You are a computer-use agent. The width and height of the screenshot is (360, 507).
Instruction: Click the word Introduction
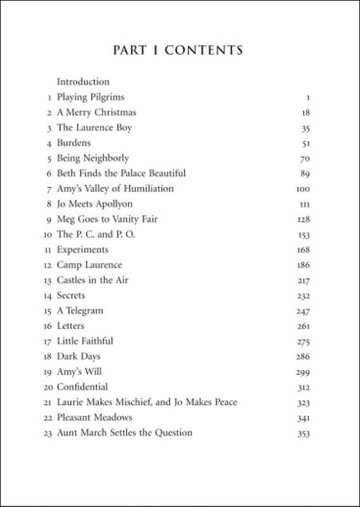coord(83,81)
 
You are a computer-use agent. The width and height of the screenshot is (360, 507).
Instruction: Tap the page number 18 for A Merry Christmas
coord(305,113)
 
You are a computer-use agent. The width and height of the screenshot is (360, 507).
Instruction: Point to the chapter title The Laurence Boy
coord(94,127)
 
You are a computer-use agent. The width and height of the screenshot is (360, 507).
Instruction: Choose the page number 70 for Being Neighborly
coord(305,158)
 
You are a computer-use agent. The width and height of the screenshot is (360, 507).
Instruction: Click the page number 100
coord(302,189)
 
